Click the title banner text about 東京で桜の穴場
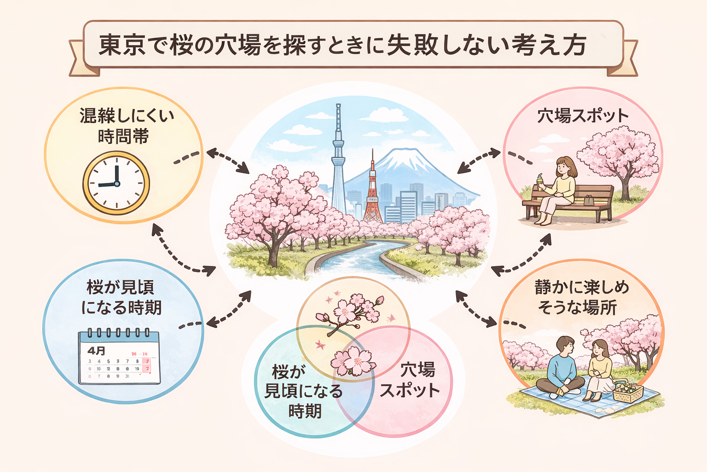[342, 45]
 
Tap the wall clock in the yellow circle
[116, 183]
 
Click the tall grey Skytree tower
[338, 157]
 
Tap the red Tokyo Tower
[372, 194]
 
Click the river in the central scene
[364, 258]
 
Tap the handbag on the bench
[589, 201]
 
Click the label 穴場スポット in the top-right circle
[582, 116]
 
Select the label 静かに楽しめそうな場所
[581, 297]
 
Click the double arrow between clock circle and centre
[227, 161]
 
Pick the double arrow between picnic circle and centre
[474, 309]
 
